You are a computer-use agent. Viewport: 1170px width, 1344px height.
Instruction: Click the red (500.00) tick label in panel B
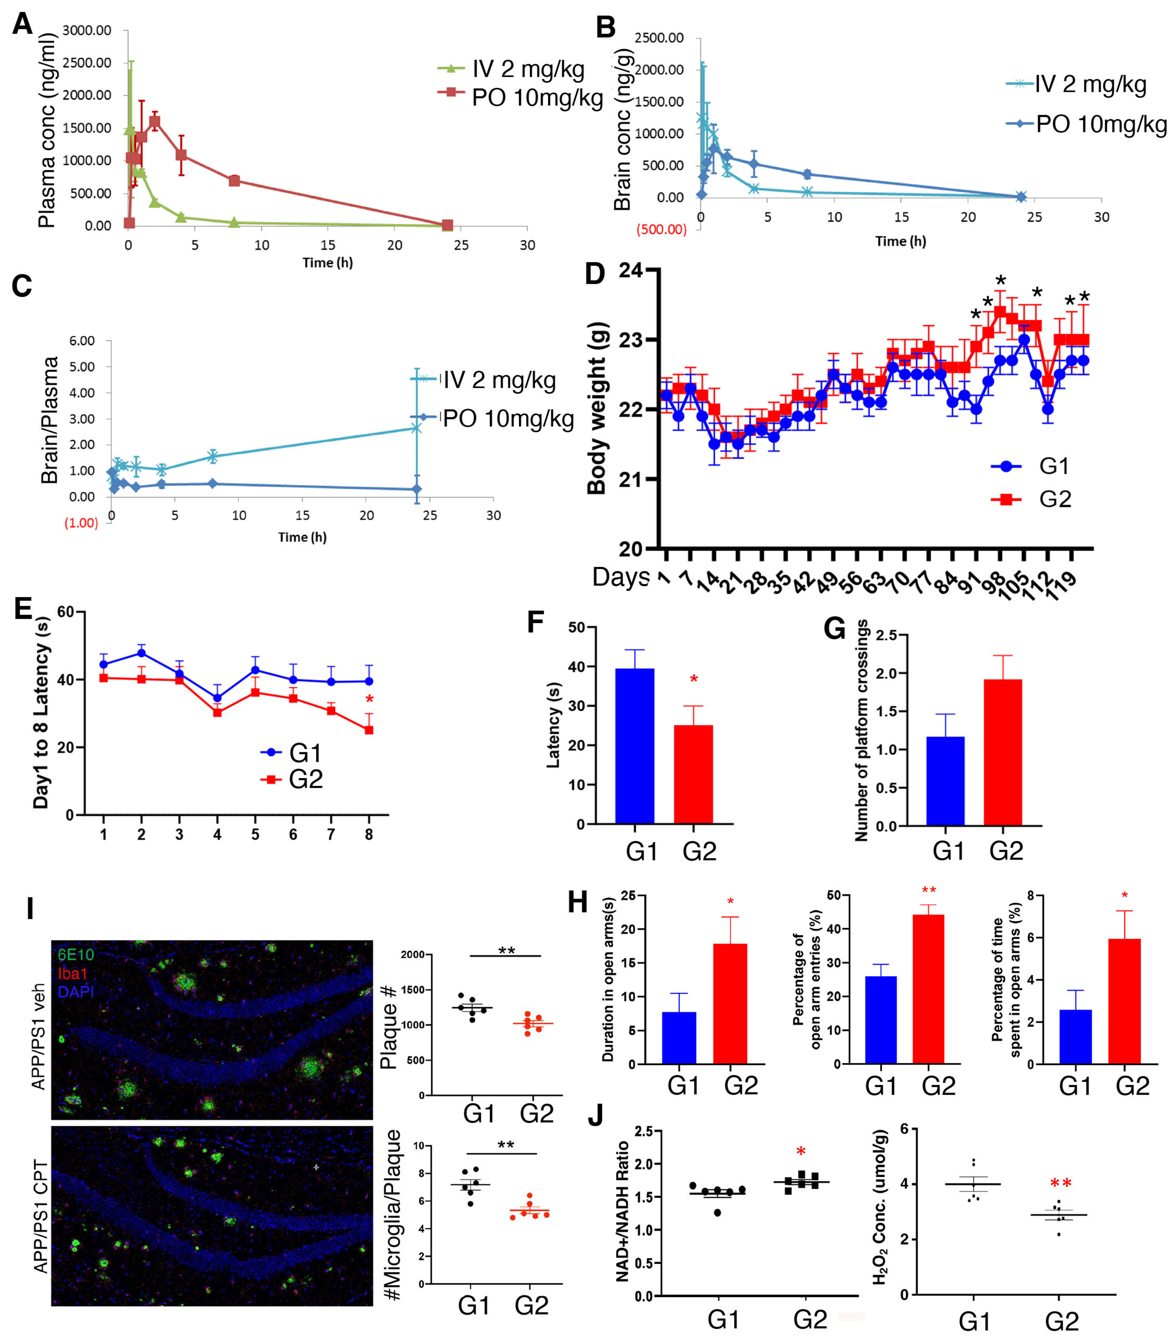661,229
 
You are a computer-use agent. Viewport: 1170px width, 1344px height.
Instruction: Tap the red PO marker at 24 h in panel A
447,225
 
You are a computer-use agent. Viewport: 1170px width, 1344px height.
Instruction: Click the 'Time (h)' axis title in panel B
900,241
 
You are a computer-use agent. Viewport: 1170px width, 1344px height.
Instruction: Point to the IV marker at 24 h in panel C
416,428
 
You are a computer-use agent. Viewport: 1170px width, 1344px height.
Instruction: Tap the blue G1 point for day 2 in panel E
141,653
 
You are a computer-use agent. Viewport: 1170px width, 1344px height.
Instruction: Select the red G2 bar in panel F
693,774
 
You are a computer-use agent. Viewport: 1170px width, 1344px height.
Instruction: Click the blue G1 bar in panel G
945,781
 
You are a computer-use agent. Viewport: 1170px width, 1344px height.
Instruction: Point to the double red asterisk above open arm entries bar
929,891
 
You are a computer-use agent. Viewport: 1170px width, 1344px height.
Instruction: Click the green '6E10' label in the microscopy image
76,955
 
